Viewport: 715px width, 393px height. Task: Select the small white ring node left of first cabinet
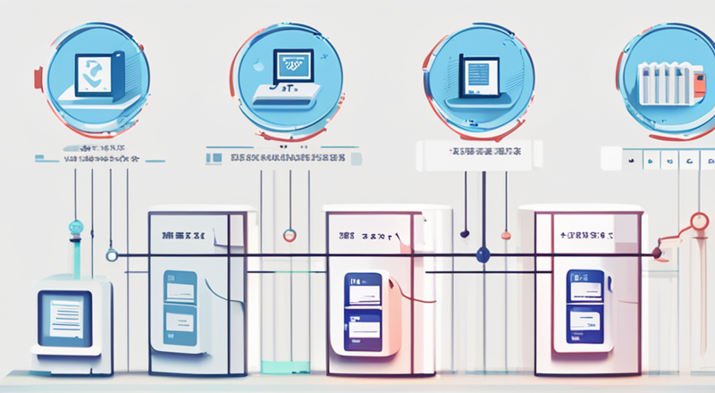111,255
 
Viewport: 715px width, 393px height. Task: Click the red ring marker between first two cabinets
289,236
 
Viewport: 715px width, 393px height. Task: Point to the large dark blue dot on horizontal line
484,255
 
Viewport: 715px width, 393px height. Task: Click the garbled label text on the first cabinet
184,237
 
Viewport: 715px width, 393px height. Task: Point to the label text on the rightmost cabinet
586,236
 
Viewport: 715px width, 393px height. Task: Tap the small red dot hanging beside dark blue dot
506,236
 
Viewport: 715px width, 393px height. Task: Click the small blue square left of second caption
213,157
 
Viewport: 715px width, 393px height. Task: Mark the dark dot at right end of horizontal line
656,254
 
